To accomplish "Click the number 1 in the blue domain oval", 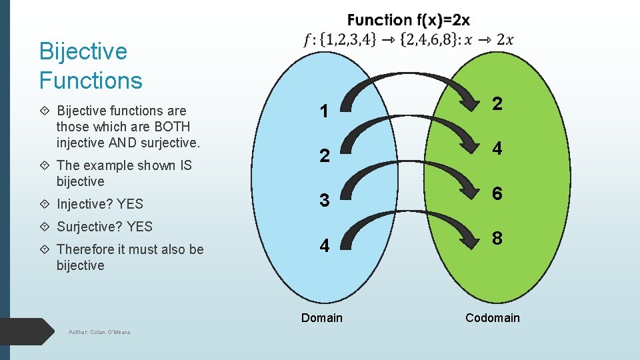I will [x=324, y=111].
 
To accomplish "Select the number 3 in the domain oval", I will [x=324, y=200].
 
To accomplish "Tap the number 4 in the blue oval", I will [x=324, y=246].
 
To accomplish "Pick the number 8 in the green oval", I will [x=497, y=239].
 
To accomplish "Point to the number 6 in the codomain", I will [x=497, y=193].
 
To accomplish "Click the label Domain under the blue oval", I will [x=321, y=318].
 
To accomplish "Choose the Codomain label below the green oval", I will [x=493, y=318].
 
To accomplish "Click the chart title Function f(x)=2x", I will [x=408, y=21].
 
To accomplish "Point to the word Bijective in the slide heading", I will [x=83, y=51].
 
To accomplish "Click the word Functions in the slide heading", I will [x=91, y=81].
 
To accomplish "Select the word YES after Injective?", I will [x=130, y=204].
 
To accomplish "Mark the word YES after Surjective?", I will [x=139, y=227].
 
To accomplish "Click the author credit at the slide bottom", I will [x=99, y=332].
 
